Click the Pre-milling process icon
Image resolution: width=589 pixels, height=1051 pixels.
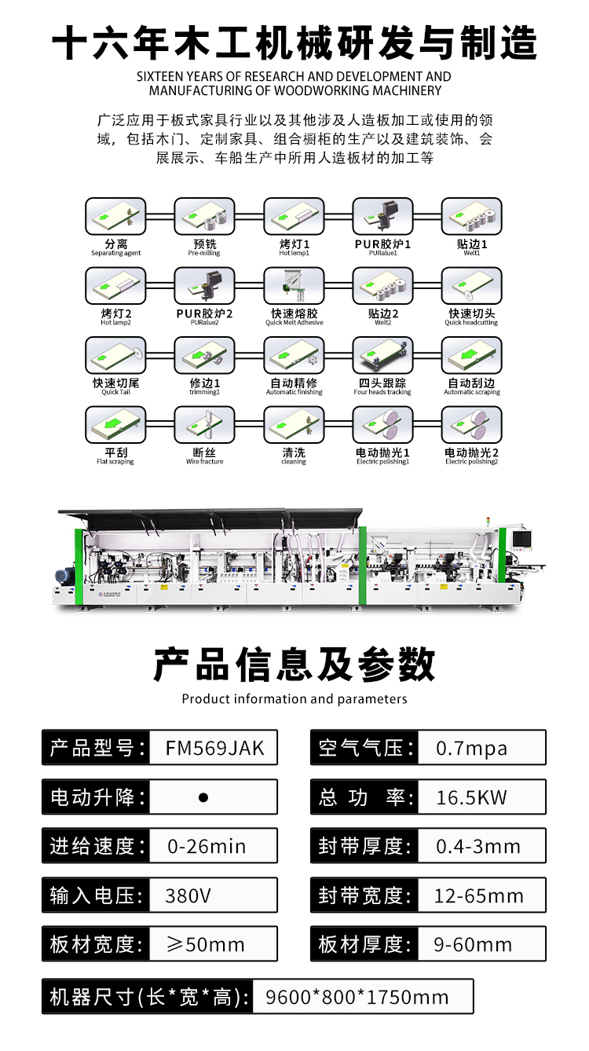coord(204,216)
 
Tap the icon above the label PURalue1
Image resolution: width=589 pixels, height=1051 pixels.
coord(382,216)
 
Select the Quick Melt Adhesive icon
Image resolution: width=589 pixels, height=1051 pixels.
coord(294,286)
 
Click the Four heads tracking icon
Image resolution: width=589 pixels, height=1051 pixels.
coord(382,355)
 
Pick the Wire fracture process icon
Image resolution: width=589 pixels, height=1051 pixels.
coord(204,424)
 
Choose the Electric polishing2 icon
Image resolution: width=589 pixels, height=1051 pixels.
coord(472,424)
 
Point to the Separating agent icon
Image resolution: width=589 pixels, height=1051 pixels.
coord(115,216)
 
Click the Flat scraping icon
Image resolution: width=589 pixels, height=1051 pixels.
coord(115,424)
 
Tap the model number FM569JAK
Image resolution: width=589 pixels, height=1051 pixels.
coord(215,748)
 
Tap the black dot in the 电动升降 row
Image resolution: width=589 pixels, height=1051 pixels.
coord(203,797)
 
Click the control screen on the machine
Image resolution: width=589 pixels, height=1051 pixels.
coord(522,540)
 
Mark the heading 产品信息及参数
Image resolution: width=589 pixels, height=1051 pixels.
coord(294,665)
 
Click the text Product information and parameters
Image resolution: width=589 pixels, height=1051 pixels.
coord(294,699)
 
